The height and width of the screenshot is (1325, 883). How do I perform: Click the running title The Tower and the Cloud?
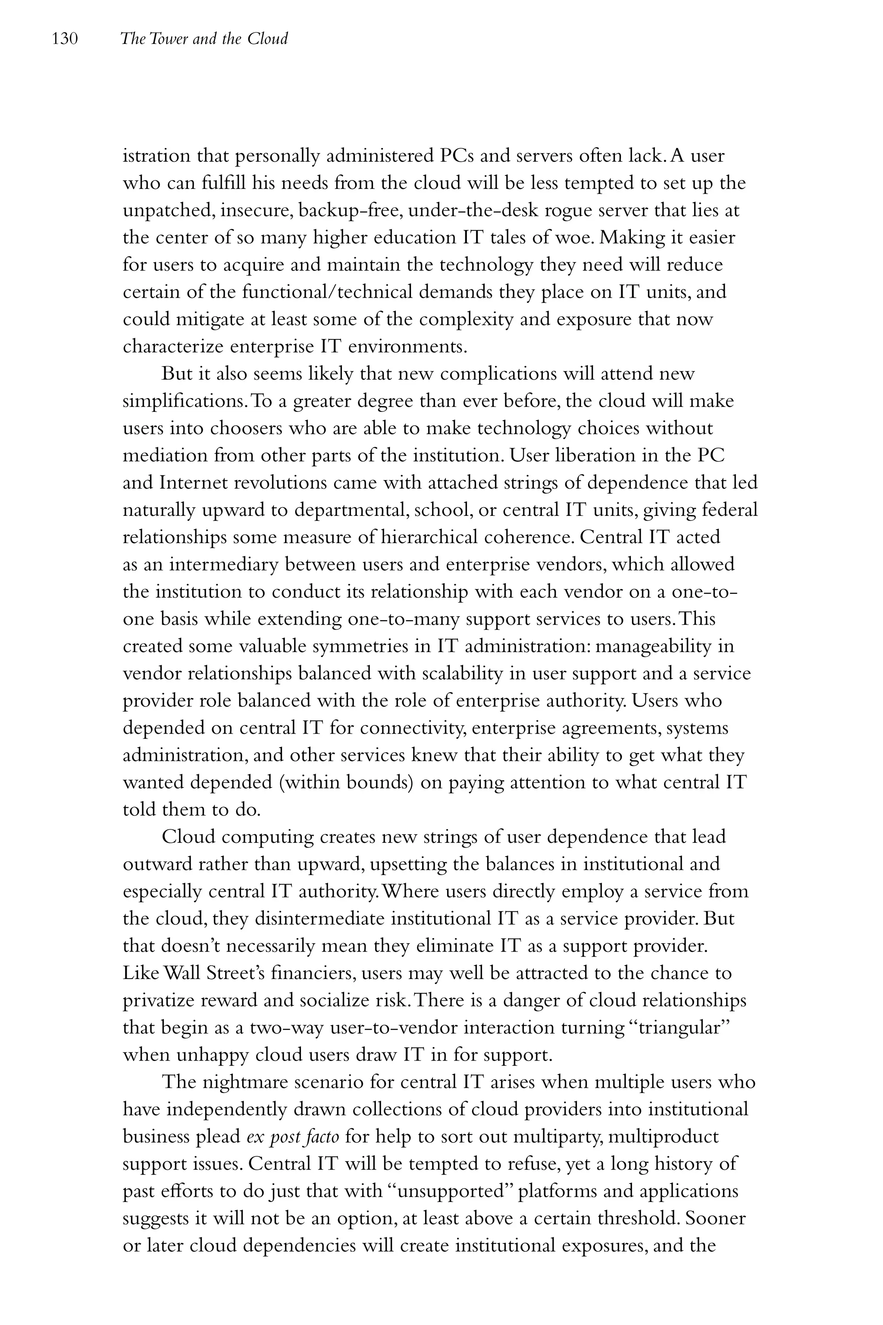click(204, 39)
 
